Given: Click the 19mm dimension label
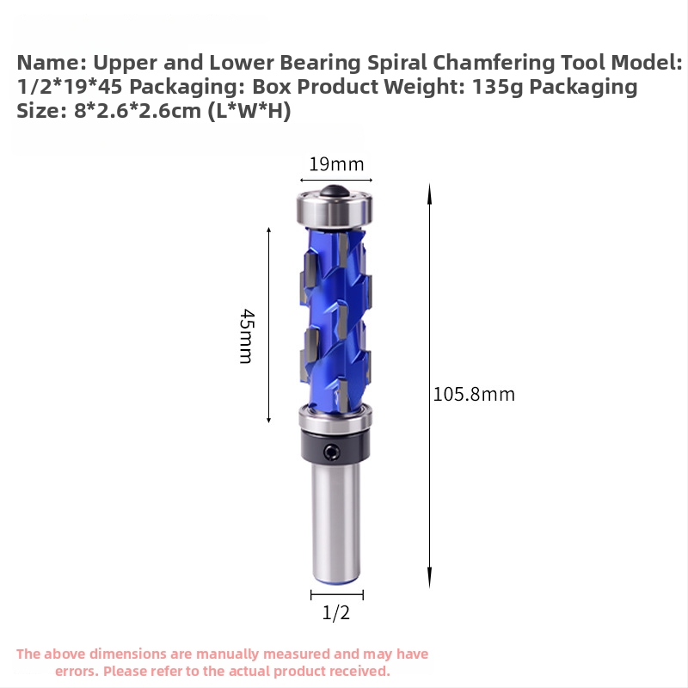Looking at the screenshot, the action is [x=336, y=164].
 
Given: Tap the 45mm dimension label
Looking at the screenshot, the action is [x=247, y=336].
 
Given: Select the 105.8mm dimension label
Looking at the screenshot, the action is [x=474, y=395].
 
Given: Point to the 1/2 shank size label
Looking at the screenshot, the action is [x=336, y=612].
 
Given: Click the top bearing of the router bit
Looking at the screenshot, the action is [x=335, y=209].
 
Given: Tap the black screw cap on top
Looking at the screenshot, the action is [x=335, y=191].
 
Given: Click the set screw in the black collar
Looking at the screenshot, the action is [x=331, y=452].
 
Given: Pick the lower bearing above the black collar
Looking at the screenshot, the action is [x=335, y=418].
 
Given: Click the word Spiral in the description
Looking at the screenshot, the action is [x=396, y=63].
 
